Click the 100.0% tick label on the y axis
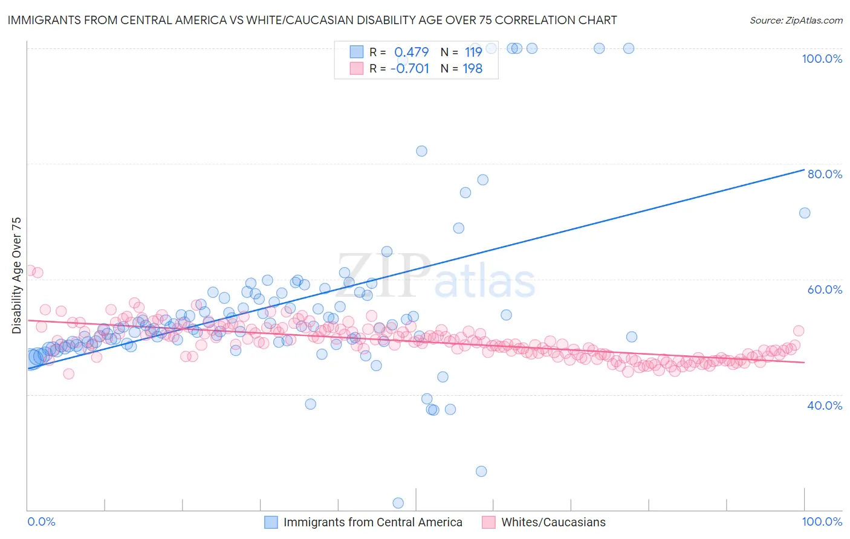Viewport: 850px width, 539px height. (x=822, y=59)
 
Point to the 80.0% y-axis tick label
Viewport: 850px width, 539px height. (x=825, y=174)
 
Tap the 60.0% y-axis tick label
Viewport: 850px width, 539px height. (x=825, y=289)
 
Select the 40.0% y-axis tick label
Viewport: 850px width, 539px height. (x=825, y=405)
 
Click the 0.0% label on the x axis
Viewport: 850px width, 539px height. (x=42, y=521)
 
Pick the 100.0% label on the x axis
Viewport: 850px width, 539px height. (x=822, y=521)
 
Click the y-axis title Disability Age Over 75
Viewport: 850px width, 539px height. (x=16, y=276)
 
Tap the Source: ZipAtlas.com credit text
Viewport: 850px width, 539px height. (x=796, y=21)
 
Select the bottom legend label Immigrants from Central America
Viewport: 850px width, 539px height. (x=372, y=522)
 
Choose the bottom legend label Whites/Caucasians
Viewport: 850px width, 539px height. (x=553, y=522)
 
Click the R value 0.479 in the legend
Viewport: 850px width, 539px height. (x=411, y=52)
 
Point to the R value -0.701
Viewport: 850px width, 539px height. (x=409, y=68)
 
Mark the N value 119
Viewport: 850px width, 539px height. (x=473, y=52)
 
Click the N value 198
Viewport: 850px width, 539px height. (x=472, y=68)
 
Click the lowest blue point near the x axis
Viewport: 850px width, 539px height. (x=398, y=503)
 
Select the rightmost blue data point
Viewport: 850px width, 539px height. (x=805, y=213)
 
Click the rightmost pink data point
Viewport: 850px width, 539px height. (x=799, y=331)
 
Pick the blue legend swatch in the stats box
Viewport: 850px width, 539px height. (x=356, y=52)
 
